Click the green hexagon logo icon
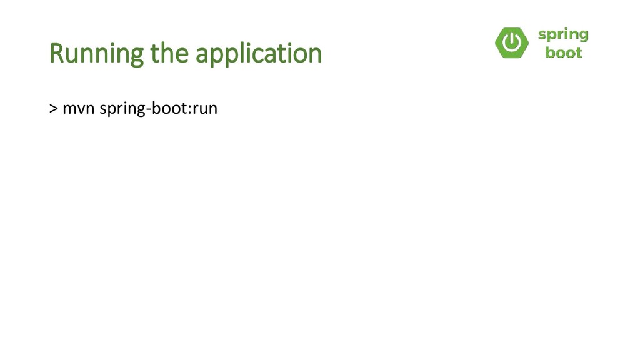(512, 43)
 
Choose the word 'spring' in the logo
(563, 35)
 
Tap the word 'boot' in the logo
(563, 53)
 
